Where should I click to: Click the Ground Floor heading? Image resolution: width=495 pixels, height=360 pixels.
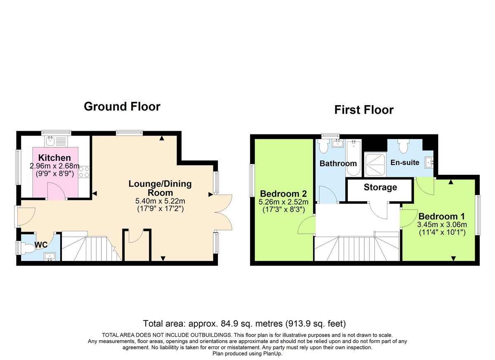pyautogui.click(x=122, y=106)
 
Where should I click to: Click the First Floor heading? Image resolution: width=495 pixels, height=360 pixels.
pyautogui.click(x=364, y=110)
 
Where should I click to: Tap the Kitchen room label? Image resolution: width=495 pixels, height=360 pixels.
pyautogui.click(x=54, y=158)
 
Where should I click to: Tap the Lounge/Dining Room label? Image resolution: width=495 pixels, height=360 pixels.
pyautogui.click(x=160, y=188)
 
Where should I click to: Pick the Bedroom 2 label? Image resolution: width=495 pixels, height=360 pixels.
pyautogui.click(x=283, y=194)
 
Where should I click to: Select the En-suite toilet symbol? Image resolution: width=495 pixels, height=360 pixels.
pyautogui.click(x=403, y=148)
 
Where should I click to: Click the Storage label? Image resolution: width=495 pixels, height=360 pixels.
pyautogui.click(x=380, y=187)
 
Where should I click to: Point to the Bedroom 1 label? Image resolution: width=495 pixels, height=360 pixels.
pyautogui.click(x=438, y=216)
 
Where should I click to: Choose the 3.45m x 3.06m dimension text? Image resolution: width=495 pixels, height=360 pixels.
pyautogui.click(x=442, y=225)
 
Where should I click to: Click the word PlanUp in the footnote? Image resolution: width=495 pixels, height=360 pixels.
pyautogui.click(x=273, y=353)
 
